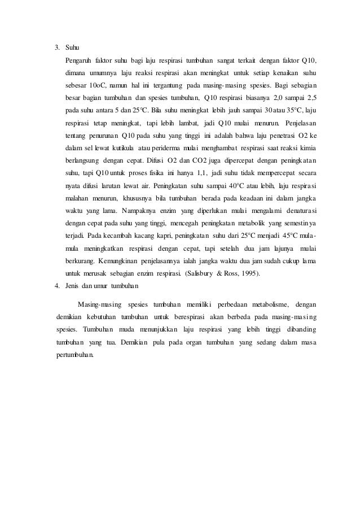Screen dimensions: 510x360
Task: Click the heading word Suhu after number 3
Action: point(72,46)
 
